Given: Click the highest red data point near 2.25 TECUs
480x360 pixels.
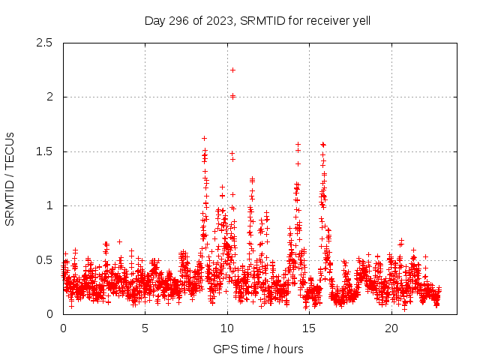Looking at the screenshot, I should (232, 70).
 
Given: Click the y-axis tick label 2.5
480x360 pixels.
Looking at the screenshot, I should (44, 43).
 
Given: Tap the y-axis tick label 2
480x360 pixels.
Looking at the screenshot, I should (49, 97).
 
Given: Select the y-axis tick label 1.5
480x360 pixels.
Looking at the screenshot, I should (44, 151).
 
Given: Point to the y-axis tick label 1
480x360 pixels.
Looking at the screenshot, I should (49, 205).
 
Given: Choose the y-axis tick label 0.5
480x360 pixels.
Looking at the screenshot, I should (44, 260).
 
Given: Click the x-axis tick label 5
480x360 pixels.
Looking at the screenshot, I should (145, 328).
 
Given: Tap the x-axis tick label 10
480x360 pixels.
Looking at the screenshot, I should (226, 328).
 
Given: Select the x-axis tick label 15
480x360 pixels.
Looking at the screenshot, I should (309, 328).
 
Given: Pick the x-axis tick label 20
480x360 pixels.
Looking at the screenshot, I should (391, 328).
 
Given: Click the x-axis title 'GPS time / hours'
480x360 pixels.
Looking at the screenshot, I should (258, 349).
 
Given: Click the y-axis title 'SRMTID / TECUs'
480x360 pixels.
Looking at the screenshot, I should (10, 178).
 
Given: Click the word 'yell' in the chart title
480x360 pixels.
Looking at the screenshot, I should (360, 20).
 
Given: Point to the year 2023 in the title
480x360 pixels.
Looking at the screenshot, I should (220, 20).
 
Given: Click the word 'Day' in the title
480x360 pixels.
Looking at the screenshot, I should (156, 20).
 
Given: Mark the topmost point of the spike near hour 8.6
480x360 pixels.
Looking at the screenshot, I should (204, 138).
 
